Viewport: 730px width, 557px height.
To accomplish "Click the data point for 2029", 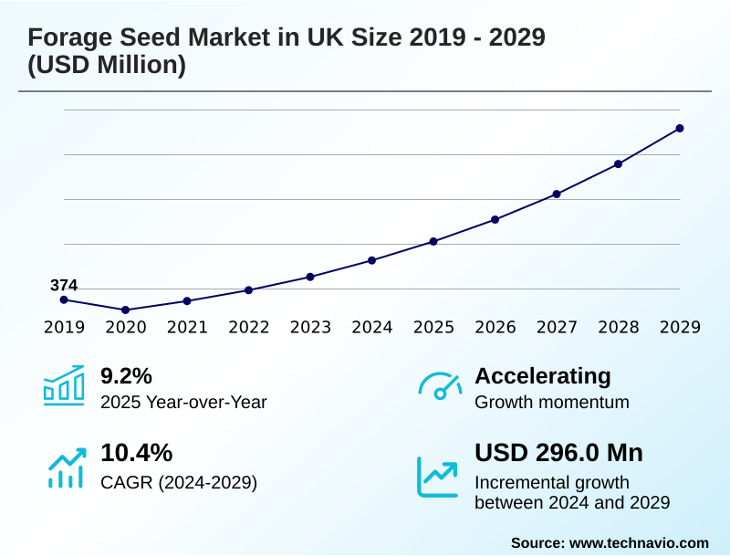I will click(680, 129).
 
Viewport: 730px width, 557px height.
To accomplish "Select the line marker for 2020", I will click(126, 310).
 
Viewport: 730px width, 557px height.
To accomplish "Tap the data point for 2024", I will click(371, 260).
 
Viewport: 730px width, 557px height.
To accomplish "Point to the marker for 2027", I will click(557, 194).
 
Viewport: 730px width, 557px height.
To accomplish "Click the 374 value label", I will click(64, 286).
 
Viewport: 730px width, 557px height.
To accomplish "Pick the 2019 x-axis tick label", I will click(64, 327).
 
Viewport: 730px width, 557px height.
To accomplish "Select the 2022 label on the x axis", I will click(248, 327).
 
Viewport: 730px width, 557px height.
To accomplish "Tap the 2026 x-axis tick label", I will click(495, 327).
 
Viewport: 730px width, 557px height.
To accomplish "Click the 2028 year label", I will click(618, 327).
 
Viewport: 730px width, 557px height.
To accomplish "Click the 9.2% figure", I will click(126, 376).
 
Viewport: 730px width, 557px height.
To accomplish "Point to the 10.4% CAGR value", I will click(136, 453).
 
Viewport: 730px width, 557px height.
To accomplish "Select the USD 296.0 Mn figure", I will click(558, 453).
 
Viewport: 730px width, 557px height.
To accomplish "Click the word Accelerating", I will click(543, 376).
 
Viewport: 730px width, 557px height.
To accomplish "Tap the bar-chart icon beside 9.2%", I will click(64, 384).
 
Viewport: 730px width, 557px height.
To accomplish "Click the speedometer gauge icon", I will click(439, 385).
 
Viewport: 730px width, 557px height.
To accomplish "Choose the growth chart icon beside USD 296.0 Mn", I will click(438, 476).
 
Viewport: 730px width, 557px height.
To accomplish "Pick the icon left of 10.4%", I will click(66, 468).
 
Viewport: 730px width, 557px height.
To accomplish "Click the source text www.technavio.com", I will click(639, 542).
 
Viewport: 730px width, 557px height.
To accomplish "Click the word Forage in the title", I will click(68, 37).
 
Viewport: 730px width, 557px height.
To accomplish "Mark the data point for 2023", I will click(310, 277).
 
